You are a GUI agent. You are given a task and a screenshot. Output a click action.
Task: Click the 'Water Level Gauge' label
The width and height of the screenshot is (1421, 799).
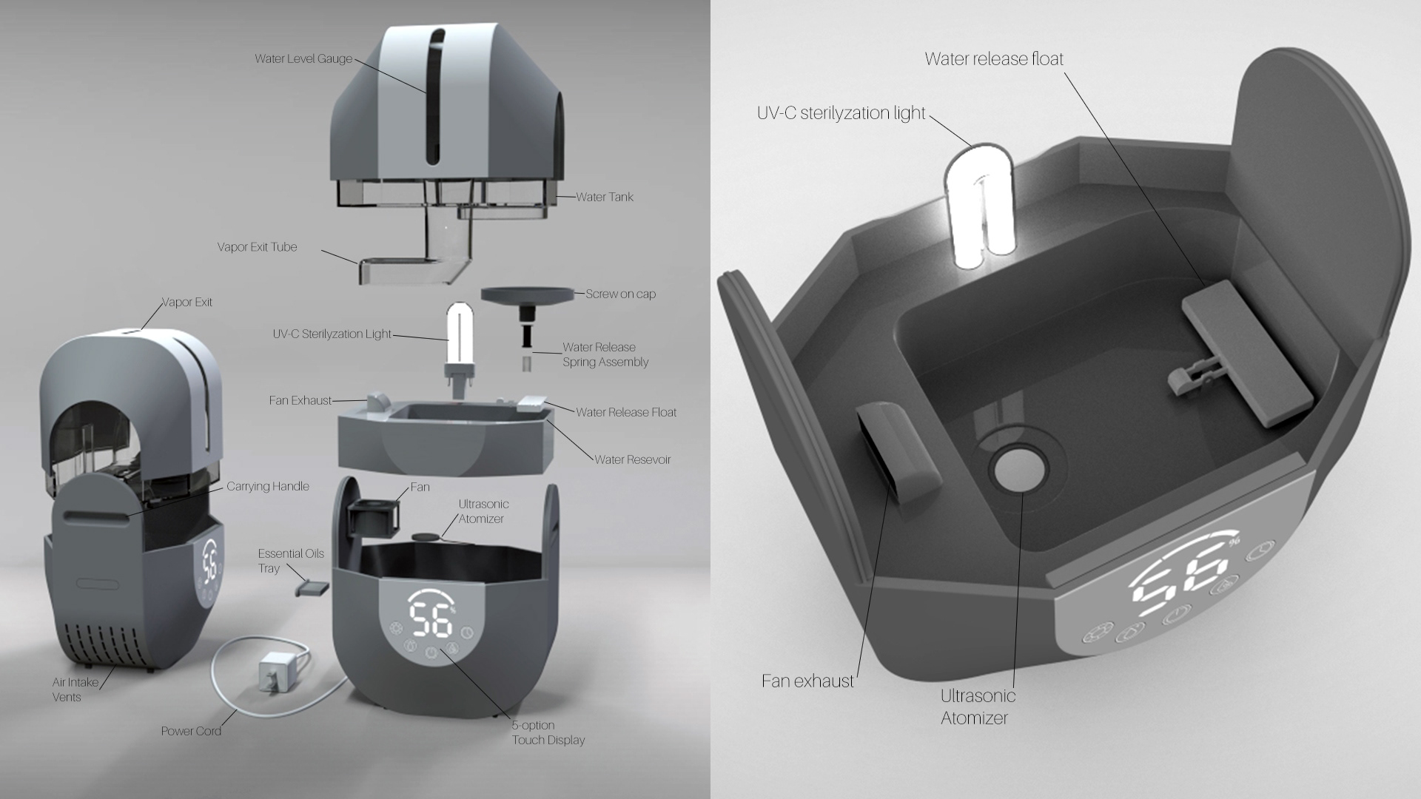tap(303, 58)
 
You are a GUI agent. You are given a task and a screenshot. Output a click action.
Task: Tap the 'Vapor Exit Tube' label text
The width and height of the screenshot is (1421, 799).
tap(257, 247)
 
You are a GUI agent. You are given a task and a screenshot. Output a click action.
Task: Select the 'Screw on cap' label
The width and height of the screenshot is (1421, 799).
tap(620, 294)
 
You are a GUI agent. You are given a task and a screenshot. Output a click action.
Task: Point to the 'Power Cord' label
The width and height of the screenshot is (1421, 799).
tap(191, 731)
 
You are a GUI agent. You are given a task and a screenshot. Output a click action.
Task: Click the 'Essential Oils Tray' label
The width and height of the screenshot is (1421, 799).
tap(291, 561)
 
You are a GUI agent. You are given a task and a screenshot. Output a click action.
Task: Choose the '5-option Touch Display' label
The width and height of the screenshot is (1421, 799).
tap(548, 732)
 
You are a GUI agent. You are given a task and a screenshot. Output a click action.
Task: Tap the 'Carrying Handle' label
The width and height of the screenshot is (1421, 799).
tap(268, 486)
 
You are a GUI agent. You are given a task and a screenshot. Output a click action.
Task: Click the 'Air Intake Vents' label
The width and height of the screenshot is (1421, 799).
tap(75, 690)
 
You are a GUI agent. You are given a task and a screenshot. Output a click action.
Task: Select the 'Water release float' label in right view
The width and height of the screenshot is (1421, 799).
tap(994, 58)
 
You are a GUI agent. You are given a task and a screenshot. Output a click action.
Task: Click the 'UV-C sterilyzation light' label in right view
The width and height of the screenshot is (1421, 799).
tap(841, 112)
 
